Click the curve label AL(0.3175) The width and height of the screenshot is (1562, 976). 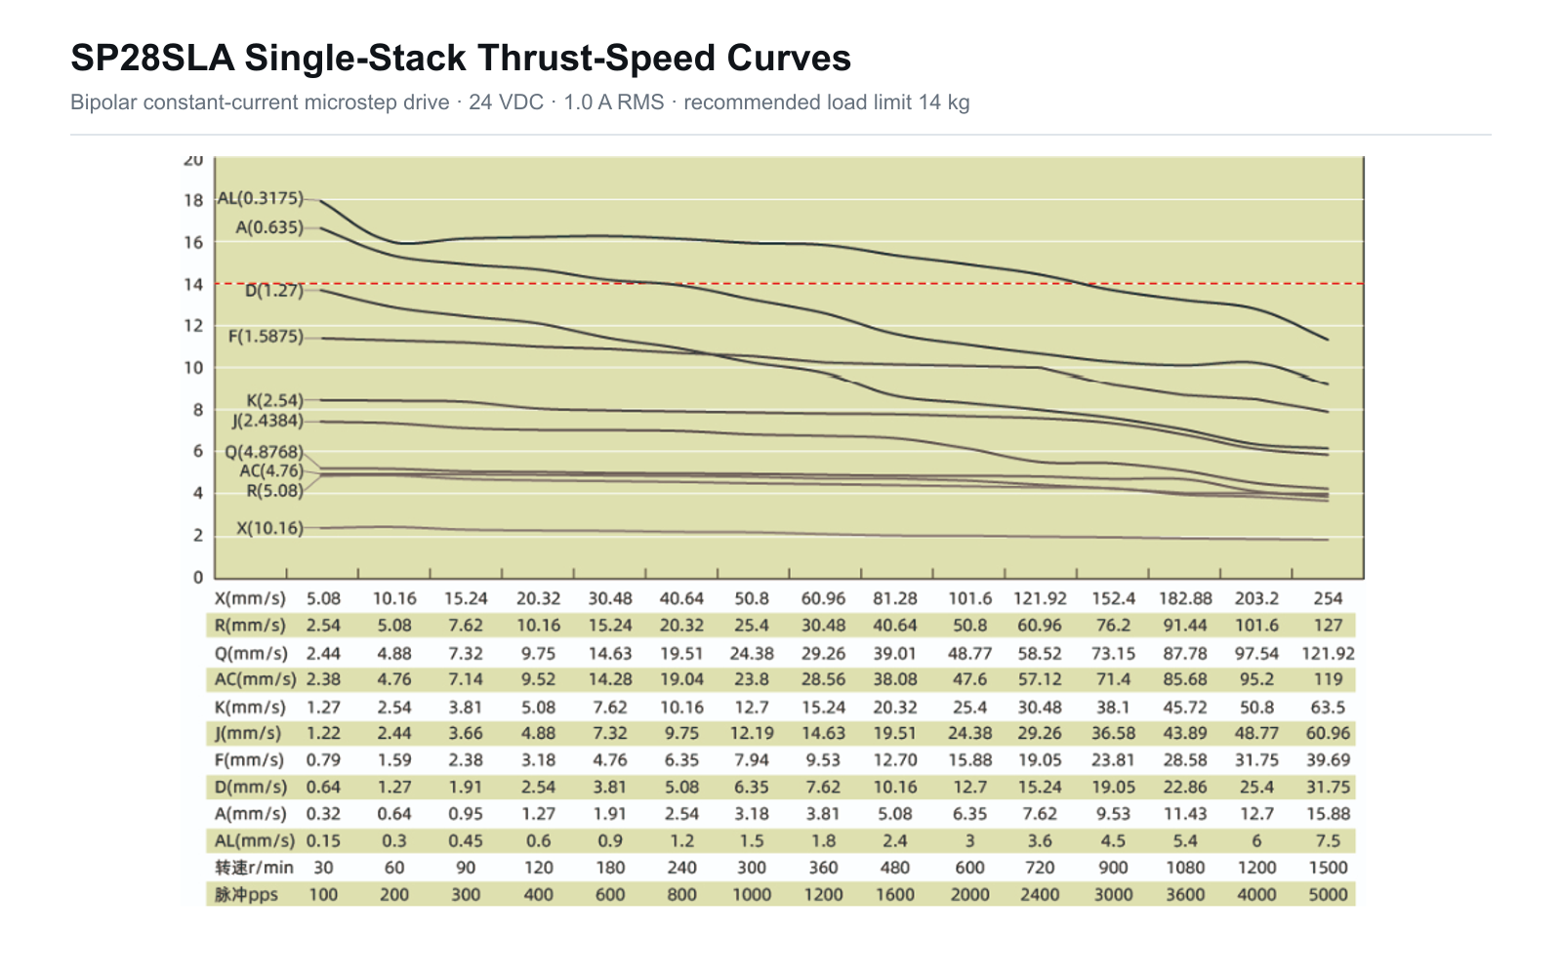point(261,199)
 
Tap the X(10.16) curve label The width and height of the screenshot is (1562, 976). point(269,528)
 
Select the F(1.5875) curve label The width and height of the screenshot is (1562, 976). point(266,337)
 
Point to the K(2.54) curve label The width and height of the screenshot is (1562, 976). point(274,401)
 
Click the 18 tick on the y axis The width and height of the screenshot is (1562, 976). point(193,201)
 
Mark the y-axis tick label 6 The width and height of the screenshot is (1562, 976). point(198,451)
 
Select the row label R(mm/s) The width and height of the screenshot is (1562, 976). point(250,626)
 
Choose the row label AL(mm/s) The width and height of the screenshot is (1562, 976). point(255,840)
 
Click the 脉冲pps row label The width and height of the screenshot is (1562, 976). point(246,894)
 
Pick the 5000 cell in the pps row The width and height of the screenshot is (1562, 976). point(1328,894)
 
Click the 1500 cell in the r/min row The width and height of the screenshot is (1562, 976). point(1328,868)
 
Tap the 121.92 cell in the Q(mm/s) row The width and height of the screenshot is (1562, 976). point(1328,654)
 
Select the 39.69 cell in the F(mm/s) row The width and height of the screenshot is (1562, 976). point(1328,760)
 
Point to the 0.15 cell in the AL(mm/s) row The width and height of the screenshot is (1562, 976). point(323,840)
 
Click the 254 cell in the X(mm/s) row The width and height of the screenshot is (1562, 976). point(1328,599)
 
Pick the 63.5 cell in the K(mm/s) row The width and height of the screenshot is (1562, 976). point(1328,708)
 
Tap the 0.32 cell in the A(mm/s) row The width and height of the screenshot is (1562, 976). point(323,814)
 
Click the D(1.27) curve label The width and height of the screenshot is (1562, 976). point(274,291)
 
